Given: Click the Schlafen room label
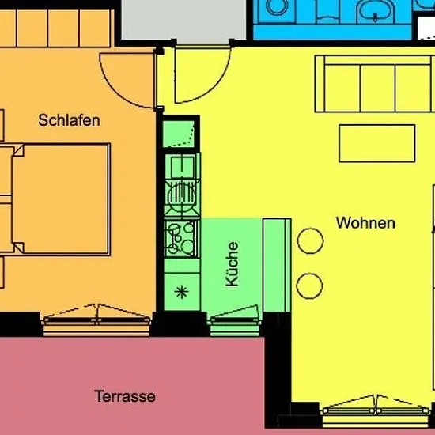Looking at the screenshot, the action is (69, 120).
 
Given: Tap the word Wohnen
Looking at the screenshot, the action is (365, 223).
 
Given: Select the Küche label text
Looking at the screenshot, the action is (232, 264).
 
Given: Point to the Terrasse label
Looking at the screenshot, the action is (125, 396).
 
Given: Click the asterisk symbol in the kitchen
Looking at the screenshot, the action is (182, 292).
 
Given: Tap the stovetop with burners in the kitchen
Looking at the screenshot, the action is (182, 239).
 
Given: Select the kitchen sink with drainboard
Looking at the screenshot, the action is (182, 184).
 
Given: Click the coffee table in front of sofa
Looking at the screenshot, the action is (377, 143).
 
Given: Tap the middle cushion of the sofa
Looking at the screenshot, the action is (377, 89).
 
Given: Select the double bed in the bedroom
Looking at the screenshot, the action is (61, 199).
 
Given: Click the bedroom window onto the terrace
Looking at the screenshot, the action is (96, 321).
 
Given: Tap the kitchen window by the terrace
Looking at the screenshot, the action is (235, 321).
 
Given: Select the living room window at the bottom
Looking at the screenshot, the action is (376, 411).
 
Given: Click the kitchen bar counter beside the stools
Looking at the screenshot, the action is (277, 265).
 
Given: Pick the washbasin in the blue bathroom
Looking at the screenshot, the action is (375, 11).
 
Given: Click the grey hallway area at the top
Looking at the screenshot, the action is (183, 20).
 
